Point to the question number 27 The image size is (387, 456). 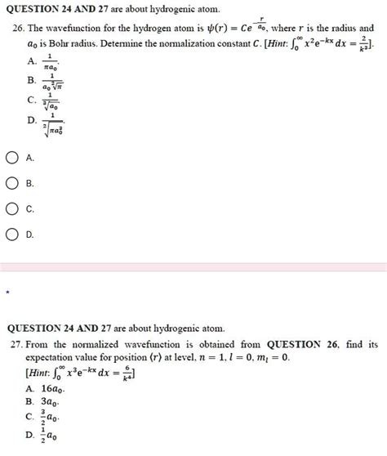tap(12, 345)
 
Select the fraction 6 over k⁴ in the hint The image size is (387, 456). tap(127, 374)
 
